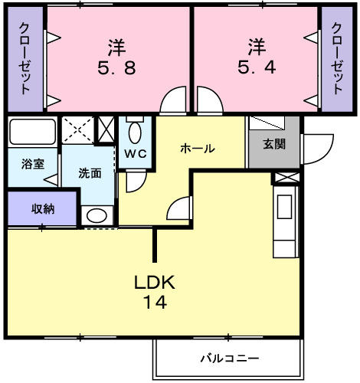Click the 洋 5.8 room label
click(x=116, y=57)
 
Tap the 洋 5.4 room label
click(x=256, y=57)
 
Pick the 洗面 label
click(x=89, y=173)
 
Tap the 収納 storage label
click(x=42, y=208)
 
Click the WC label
click(x=136, y=153)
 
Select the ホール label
click(x=197, y=149)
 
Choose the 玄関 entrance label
click(x=273, y=144)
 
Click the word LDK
click(x=155, y=283)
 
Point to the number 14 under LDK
click(x=155, y=302)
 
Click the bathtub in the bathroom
click(x=31, y=132)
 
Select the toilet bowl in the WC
click(x=136, y=133)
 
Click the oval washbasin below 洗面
click(x=97, y=216)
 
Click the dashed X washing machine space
click(x=77, y=129)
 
